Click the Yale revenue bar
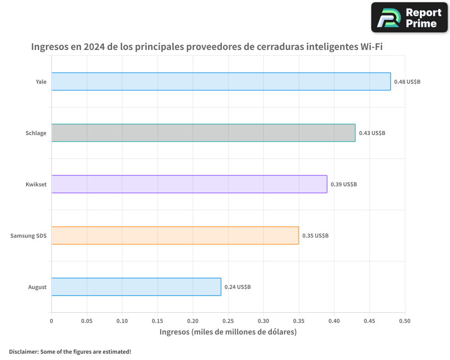point(221,81)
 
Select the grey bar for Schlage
point(203,133)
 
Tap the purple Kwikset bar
point(189,184)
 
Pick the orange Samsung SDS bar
point(175,235)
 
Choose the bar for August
point(136,287)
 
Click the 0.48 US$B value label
point(407,82)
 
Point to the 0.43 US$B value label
point(372,133)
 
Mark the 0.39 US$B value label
point(344,184)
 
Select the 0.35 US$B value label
point(315,236)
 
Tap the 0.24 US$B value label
point(238,287)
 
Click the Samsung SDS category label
point(28,236)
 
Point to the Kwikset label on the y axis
point(36,184)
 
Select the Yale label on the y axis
point(41,82)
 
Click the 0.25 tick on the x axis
point(228,321)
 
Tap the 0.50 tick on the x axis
point(405,321)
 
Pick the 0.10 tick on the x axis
point(122,321)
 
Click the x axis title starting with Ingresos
point(228,333)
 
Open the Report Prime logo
point(409,18)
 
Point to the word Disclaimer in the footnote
point(23,351)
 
